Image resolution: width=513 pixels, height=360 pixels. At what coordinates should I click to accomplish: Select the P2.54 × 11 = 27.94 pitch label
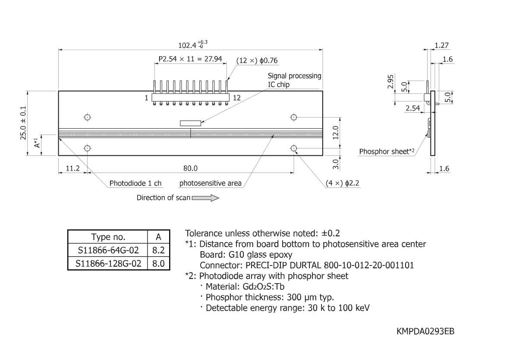(x=190, y=59)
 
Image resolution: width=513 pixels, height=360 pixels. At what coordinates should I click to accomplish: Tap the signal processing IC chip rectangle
(x=190, y=123)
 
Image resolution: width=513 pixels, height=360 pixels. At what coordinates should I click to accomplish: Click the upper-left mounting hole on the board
(x=87, y=117)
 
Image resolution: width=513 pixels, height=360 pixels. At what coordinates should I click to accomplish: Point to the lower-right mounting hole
(x=294, y=148)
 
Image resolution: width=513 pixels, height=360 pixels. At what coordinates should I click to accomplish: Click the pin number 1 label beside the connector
(x=147, y=98)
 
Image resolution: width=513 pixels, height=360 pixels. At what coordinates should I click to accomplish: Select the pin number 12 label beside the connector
(x=236, y=98)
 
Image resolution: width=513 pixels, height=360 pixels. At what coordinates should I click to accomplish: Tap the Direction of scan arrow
(x=205, y=198)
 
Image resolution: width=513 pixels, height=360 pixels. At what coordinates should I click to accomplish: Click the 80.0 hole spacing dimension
(x=190, y=168)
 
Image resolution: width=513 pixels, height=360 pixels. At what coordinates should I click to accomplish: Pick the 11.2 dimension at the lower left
(x=72, y=168)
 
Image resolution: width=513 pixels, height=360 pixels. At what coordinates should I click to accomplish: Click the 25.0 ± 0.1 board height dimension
(x=23, y=123)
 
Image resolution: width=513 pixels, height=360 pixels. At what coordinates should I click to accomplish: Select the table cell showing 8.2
(x=158, y=250)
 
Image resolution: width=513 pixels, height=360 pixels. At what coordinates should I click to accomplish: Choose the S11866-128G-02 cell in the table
(x=108, y=263)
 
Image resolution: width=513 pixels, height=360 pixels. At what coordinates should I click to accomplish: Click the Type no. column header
(x=108, y=237)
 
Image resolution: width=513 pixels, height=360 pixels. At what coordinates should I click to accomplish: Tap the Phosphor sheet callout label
(x=387, y=151)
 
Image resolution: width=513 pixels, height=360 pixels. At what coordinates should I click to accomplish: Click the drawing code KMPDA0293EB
(x=425, y=331)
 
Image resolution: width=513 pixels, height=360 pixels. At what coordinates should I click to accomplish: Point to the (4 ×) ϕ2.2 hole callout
(x=342, y=183)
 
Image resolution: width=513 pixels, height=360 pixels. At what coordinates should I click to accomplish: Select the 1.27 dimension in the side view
(x=442, y=45)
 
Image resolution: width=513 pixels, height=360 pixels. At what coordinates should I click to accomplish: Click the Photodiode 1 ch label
(x=135, y=183)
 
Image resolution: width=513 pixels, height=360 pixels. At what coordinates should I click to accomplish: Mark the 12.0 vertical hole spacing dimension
(x=336, y=133)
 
